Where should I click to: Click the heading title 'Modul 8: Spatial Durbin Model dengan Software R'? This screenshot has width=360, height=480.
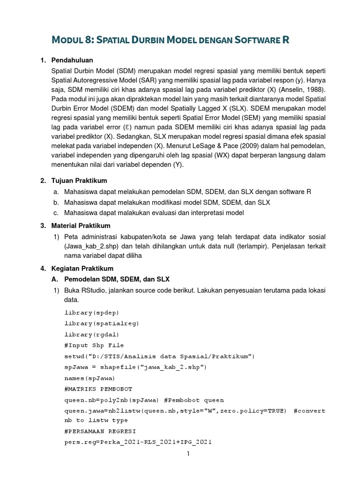click(x=170, y=40)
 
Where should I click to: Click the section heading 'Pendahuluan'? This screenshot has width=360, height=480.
click(x=72, y=60)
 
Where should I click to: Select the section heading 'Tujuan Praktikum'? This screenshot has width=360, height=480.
click(x=79, y=180)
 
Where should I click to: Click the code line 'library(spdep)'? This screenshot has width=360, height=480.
click(x=91, y=313)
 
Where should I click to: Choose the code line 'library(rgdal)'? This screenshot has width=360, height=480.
click(x=91, y=334)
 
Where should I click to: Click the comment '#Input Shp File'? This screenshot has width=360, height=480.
click(x=94, y=345)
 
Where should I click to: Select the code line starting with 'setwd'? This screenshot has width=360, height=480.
click(x=159, y=356)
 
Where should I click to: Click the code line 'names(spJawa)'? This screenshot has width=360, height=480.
click(x=90, y=378)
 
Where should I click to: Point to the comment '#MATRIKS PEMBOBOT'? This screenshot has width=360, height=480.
click(x=98, y=389)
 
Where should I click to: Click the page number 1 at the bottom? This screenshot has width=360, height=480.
click(x=187, y=454)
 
